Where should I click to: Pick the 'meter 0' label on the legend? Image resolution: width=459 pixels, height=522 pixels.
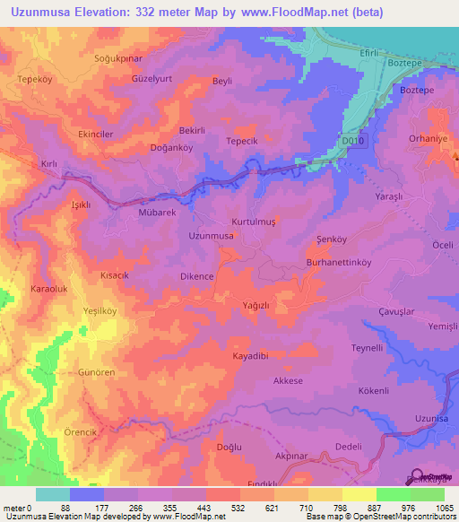[x=17, y=508]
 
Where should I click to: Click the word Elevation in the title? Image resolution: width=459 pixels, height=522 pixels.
[x=111, y=13]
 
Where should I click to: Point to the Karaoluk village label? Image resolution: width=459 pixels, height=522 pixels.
[x=49, y=289]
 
